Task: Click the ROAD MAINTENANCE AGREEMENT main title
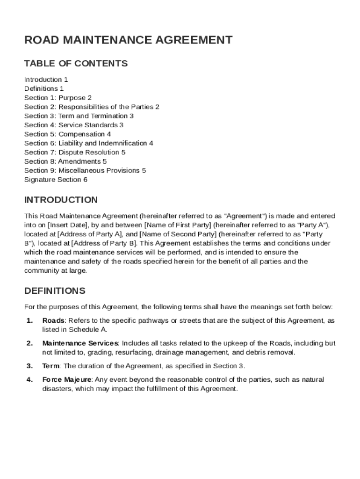[x=128, y=40]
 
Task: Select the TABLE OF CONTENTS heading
[x=76, y=64]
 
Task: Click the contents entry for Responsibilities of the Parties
[x=92, y=107]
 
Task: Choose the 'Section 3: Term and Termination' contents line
[x=79, y=116]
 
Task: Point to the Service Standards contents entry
[x=74, y=125]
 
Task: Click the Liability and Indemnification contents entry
[x=88, y=143]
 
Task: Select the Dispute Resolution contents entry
[x=75, y=152]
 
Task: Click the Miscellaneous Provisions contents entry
[x=85, y=171]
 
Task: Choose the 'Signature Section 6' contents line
[x=56, y=180]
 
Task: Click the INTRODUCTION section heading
[x=61, y=200]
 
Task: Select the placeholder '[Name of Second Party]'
[x=178, y=234]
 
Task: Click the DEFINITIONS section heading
[x=55, y=291]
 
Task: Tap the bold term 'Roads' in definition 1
[x=53, y=320]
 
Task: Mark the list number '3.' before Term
[x=29, y=366]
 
